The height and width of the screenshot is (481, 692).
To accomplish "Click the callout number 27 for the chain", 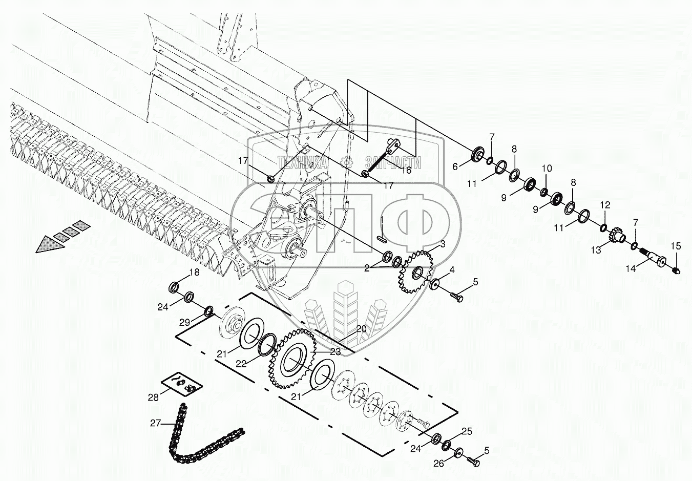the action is pos(155,423).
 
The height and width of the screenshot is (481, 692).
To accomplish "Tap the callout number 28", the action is pos(154,398).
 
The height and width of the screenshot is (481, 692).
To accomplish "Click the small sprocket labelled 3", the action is pos(414,272).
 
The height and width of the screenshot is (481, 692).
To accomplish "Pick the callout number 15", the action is pos(676,246).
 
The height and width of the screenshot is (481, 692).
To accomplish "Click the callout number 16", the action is pos(406,170).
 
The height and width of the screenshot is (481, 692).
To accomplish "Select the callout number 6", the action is pos(454,165).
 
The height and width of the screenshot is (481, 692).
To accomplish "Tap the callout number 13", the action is pos(596,250).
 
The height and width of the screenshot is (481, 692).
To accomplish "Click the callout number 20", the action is pos(361,329).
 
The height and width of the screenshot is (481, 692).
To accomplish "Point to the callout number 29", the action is pos(184,322).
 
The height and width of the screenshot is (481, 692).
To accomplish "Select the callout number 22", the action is pos(241,363).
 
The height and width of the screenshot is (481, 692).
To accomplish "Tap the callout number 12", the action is pos(605,205).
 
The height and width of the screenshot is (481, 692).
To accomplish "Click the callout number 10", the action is pos(547,168).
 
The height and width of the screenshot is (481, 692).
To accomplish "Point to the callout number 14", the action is pos(632,268).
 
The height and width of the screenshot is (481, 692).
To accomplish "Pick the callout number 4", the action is pos(452,269).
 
